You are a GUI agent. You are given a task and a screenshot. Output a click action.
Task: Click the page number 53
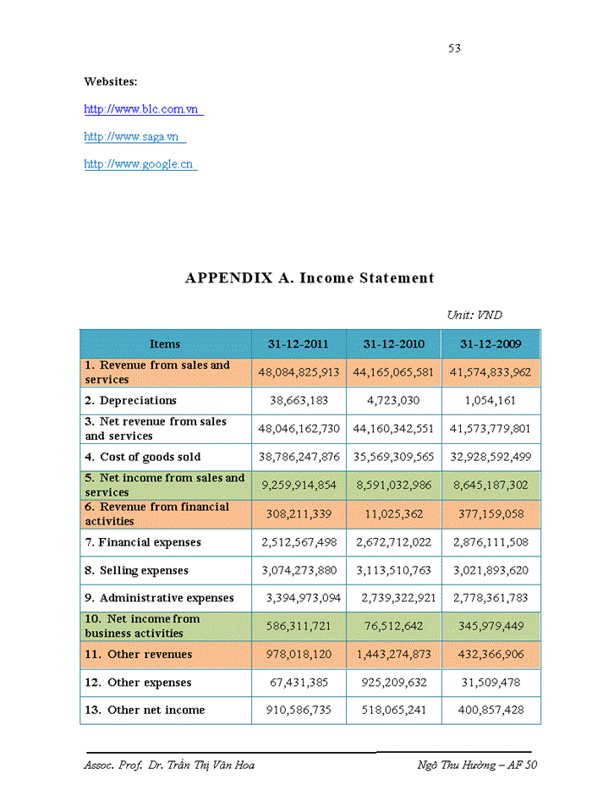[x=454, y=48]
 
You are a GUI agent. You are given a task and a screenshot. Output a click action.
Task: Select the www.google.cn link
[x=139, y=164]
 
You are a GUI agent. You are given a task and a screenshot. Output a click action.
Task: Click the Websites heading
[x=111, y=81]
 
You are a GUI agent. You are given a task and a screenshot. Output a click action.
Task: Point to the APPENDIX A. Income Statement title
[x=310, y=277]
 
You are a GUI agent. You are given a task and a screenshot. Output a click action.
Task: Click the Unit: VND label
[x=474, y=315]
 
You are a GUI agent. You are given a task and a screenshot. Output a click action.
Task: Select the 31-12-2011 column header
[x=299, y=344]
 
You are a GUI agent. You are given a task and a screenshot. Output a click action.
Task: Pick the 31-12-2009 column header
[x=491, y=344]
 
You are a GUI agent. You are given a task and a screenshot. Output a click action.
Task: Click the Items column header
[x=165, y=344]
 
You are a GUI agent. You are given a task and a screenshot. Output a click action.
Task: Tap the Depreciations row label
[x=131, y=401]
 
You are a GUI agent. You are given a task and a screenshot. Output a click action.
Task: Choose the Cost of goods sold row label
[x=143, y=458]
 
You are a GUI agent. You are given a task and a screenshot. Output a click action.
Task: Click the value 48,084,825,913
[x=299, y=372]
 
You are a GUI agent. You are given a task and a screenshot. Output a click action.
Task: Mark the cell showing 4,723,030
[x=393, y=401]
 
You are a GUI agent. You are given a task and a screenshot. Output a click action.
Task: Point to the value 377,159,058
[x=491, y=514]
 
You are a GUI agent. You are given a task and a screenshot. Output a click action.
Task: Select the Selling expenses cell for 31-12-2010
[x=393, y=571]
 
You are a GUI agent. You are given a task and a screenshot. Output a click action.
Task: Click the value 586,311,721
[x=299, y=626]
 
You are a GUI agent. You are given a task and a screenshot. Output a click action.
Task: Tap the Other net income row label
[x=145, y=710]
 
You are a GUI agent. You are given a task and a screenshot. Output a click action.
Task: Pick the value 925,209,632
[x=393, y=683]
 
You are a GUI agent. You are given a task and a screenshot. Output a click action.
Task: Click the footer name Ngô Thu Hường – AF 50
[x=477, y=765]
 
